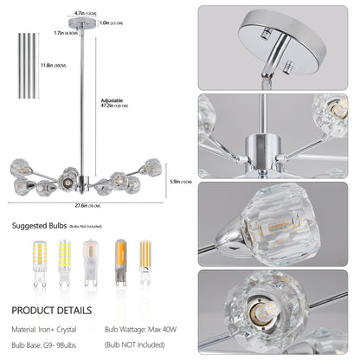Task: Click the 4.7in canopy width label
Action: tap(80, 13)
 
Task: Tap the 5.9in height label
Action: tap(177, 181)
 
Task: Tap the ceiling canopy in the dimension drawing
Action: tap(80, 26)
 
